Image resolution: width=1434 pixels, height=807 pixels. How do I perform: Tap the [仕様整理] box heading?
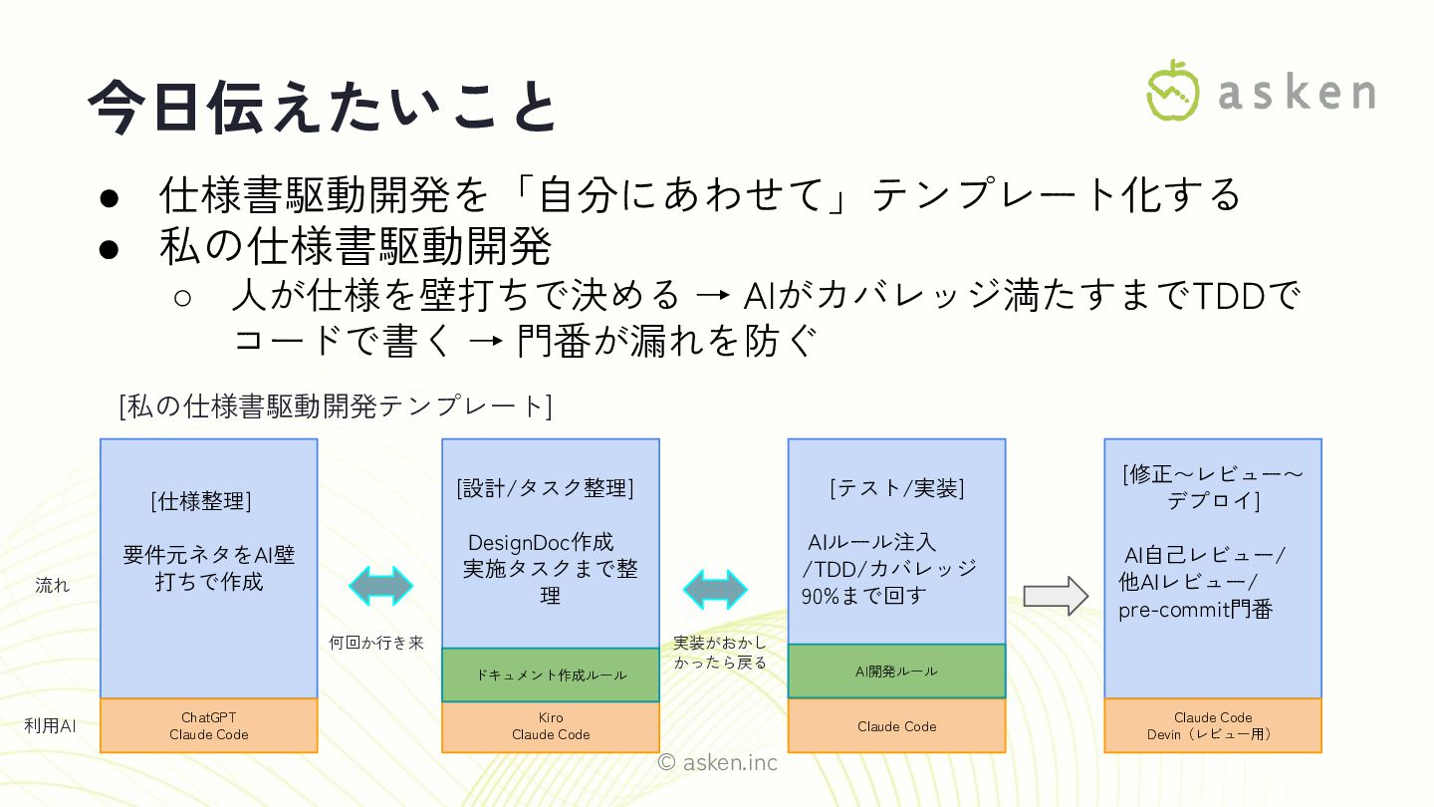click(201, 501)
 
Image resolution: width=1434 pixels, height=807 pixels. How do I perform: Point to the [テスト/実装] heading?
click(896, 488)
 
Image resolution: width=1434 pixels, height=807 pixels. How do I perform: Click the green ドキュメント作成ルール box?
click(551, 675)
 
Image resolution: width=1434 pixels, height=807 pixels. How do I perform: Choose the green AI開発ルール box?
click(896, 672)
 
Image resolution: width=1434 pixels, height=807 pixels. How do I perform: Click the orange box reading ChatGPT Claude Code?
click(209, 725)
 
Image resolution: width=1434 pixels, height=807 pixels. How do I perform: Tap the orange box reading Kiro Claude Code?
click(551, 725)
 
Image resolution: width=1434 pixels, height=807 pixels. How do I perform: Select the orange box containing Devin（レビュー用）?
click(1213, 725)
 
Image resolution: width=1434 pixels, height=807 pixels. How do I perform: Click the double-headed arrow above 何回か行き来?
click(380, 586)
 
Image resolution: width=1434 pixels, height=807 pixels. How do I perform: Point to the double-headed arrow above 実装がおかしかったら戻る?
click(715, 589)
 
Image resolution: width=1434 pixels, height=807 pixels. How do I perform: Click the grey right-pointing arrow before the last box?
click(1057, 596)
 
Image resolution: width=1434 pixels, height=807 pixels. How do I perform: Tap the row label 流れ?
click(52, 586)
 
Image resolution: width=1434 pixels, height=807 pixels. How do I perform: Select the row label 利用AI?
click(50, 726)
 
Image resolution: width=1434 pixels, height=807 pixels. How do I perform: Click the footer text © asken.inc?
click(717, 763)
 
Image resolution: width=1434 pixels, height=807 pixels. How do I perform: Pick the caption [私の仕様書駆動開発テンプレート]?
click(335, 406)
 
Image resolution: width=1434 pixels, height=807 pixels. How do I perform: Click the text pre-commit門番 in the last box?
click(1195, 610)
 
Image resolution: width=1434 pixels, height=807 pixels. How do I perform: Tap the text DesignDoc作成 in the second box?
click(541, 543)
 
